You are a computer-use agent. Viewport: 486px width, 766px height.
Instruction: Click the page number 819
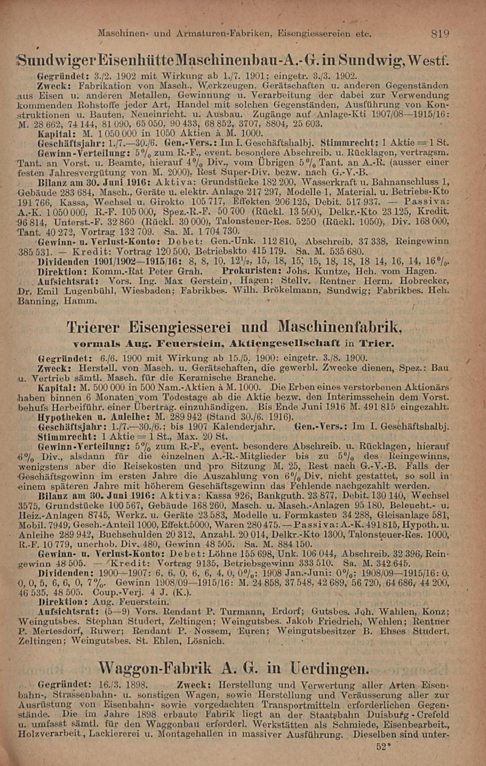coord(440,34)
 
